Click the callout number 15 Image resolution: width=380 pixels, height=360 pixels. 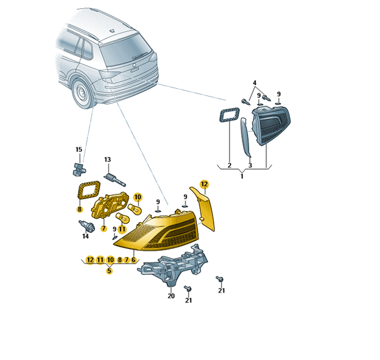[79, 149]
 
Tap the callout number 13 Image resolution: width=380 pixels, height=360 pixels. [107, 160]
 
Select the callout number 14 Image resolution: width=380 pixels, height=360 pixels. [86, 236]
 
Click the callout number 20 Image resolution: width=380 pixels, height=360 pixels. [171, 296]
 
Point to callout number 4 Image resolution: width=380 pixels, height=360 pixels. [255, 83]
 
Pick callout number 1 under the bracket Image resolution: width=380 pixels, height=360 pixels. [242, 176]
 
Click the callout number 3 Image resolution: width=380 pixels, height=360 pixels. [250, 165]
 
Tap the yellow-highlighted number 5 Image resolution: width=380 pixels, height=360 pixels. [109, 271]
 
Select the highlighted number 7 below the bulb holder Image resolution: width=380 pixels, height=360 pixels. [104, 228]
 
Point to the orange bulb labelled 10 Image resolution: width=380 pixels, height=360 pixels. [134, 209]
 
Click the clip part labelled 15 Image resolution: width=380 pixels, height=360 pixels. [78, 169]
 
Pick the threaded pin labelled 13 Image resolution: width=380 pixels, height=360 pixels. [115, 180]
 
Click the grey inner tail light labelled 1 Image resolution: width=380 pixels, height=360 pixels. [271, 125]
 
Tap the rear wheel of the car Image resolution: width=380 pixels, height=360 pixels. [82, 94]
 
